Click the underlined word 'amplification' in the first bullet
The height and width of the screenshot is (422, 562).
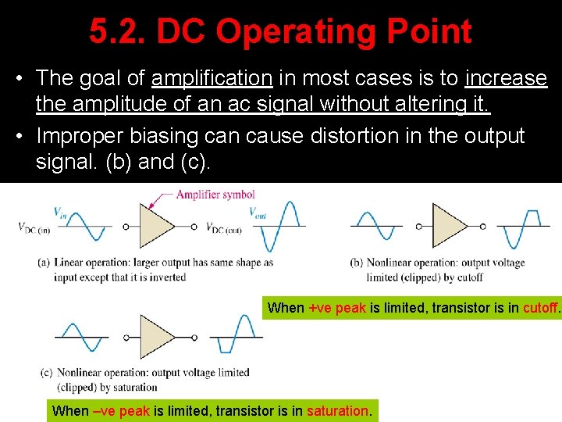[212, 78]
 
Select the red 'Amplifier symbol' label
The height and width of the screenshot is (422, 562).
[215, 195]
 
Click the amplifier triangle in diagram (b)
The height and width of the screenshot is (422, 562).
[449, 226]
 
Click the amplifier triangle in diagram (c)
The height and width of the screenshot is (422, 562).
[156, 336]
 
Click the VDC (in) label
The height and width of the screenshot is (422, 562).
[34, 227]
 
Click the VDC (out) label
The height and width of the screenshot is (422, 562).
[225, 227]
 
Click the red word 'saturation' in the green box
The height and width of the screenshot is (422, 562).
[337, 410]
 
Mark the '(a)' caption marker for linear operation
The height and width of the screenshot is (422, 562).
[44, 263]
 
